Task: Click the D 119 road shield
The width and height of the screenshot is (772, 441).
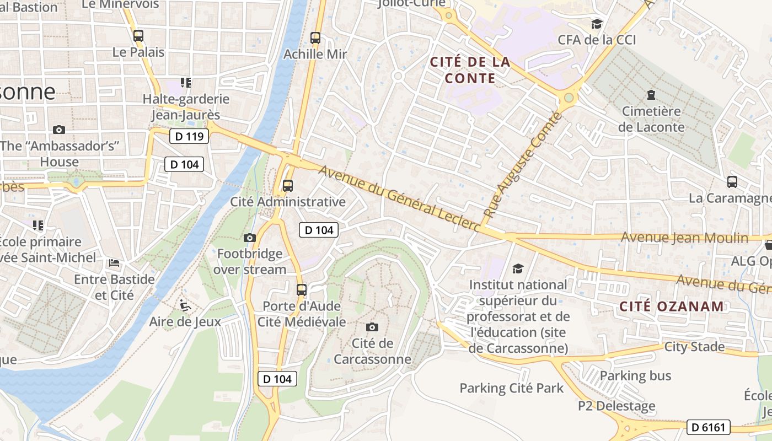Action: pyautogui.click(x=189, y=136)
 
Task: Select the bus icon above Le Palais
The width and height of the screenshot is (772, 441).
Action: pyautogui.click(x=138, y=36)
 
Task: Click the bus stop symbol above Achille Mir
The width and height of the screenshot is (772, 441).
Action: pyautogui.click(x=315, y=38)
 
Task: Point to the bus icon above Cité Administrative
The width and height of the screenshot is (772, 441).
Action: pyautogui.click(x=288, y=185)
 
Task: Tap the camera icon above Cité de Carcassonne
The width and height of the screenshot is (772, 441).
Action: pyautogui.click(x=372, y=327)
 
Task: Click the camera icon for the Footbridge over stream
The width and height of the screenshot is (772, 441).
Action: pyautogui.click(x=250, y=238)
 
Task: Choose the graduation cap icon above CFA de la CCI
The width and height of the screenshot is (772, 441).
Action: pyautogui.click(x=597, y=24)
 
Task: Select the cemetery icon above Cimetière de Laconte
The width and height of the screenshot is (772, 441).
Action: pyautogui.click(x=651, y=95)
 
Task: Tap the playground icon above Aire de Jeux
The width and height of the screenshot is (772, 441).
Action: pyautogui.click(x=185, y=305)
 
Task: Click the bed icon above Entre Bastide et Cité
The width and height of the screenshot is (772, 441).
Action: pyautogui.click(x=114, y=262)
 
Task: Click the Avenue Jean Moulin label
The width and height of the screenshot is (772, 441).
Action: pyautogui.click(x=684, y=238)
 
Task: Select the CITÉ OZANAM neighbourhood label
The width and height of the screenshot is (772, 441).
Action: pyautogui.click(x=671, y=306)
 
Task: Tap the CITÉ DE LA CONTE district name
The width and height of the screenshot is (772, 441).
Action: pyautogui.click(x=470, y=70)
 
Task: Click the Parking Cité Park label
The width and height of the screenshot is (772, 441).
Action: pyautogui.click(x=512, y=388)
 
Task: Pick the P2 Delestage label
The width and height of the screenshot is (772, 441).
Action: pyautogui.click(x=616, y=406)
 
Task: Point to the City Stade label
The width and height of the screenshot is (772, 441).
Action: pyautogui.click(x=694, y=347)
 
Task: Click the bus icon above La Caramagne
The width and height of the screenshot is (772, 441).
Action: pyautogui.click(x=732, y=182)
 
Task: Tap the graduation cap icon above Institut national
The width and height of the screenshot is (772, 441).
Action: pyautogui.click(x=518, y=268)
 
